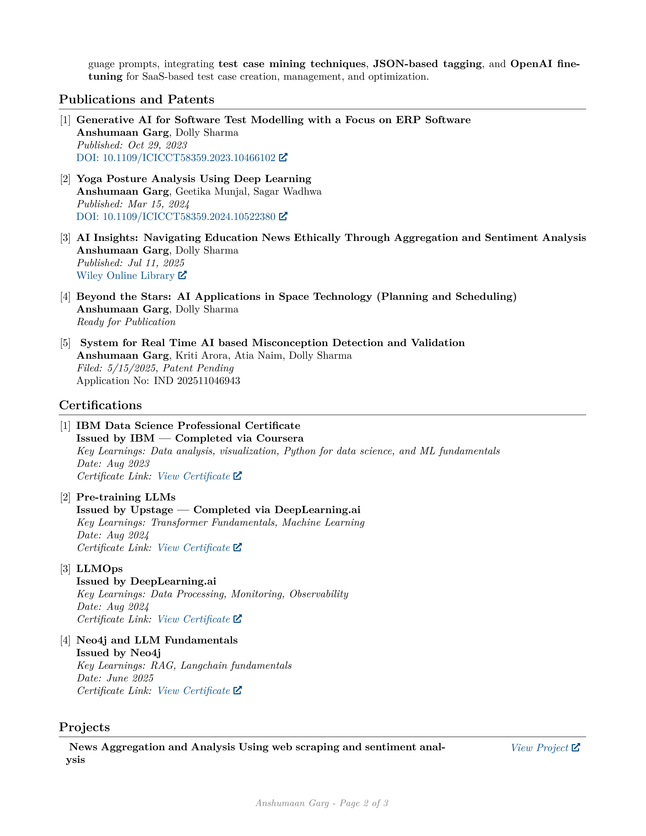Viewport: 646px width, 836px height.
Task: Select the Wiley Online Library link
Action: tap(126, 276)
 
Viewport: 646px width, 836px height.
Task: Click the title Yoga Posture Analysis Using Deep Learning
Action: tap(194, 179)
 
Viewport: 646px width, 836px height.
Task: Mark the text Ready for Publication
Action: tap(126, 322)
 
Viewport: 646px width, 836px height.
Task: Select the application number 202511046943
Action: tap(209, 381)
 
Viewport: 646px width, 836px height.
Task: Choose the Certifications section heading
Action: tap(100, 405)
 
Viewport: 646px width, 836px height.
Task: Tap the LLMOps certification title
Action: tap(100, 569)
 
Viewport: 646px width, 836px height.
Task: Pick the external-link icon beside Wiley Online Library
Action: tap(183, 275)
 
